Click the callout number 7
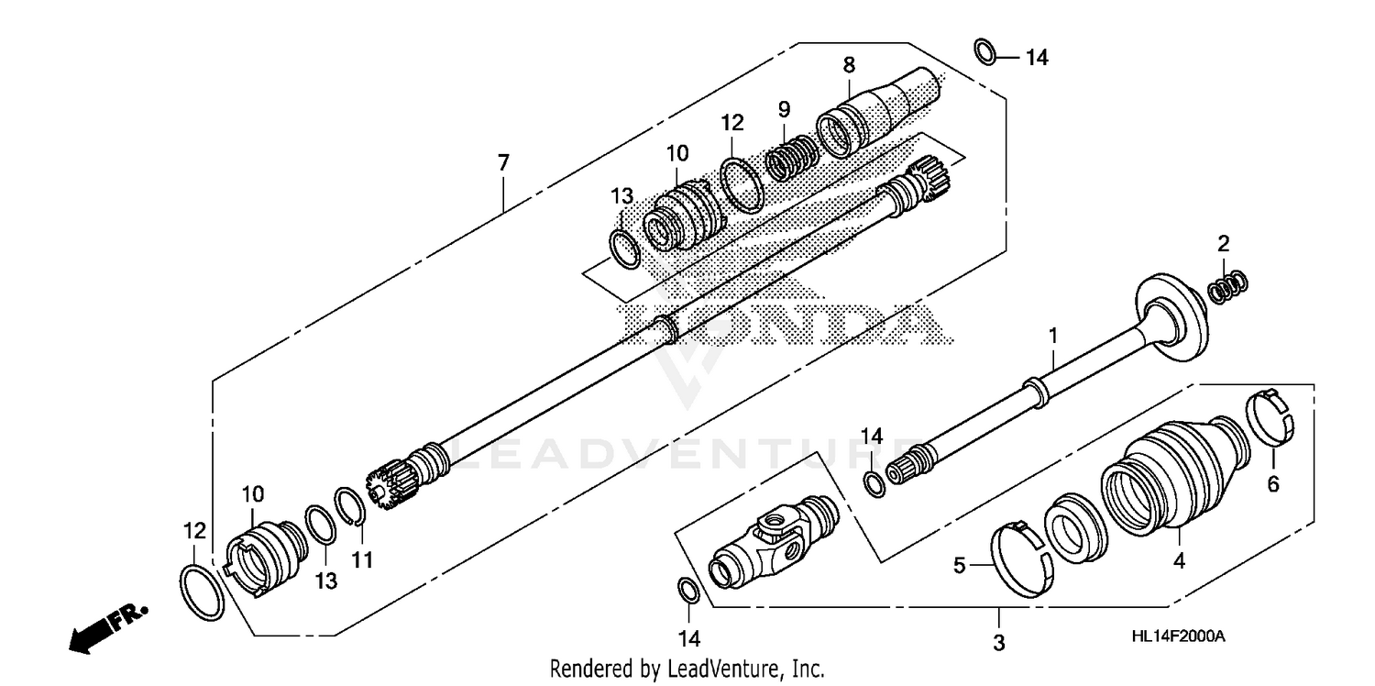tap(503, 163)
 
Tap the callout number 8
tap(849, 64)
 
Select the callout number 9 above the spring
tap(784, 109)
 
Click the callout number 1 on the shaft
tap(1053, 336)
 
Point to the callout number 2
tap(1223, 244)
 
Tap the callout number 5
tap(960, 566)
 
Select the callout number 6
tap(1272, 484)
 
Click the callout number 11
tap(363, 558)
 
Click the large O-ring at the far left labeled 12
tap(201, 593)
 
